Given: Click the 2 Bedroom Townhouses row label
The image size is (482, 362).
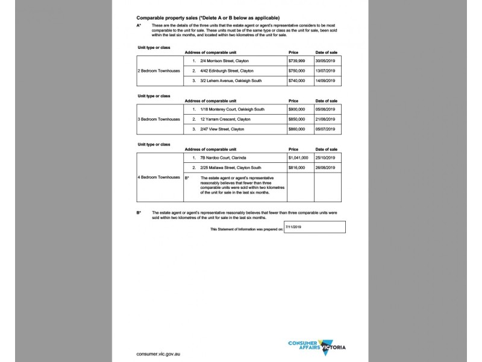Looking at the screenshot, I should pyautogui.click(x=159, y=71).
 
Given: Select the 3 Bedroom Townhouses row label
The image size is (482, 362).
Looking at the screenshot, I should pyautogui.click(x=159, y=119).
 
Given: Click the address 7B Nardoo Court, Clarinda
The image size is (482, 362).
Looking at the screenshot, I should pyautogui.click(x=222, y=157).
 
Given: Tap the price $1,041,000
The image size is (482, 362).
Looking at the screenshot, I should pyautogui.click(x=298, y=157).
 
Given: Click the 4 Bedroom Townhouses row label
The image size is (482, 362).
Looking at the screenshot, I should pyautogui.click(x=159, y=177).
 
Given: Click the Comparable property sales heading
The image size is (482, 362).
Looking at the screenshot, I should pyautogui.click(x=208, y=18).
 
